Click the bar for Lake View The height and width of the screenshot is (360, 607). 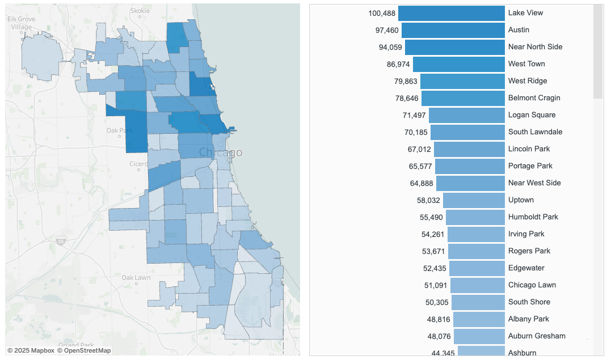[x=451, y=13]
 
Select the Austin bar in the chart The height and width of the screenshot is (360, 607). [x=453, y=30]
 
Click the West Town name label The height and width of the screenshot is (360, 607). [x=526, y=64]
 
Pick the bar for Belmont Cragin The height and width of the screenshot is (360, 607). [x=463, y=98]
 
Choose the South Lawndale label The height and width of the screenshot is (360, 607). [x=535, y=132]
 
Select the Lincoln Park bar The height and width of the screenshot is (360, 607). [x=469, y=149]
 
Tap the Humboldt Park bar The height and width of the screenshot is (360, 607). [x=475, y=217]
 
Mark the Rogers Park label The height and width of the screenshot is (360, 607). [x=529, y=251]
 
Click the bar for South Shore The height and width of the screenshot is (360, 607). [x=478, y=302]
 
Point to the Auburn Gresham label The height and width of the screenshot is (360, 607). [x=537, y=336]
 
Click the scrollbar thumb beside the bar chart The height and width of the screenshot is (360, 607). [x=598, y=51]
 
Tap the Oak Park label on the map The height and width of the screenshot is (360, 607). [x=119, y=131]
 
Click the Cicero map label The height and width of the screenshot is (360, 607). [x=138, y=164]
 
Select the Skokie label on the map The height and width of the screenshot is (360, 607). [x=140, y=11]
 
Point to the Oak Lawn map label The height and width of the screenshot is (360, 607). [x=136, y=278]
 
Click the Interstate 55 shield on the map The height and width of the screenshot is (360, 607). [x=61, y=242]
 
